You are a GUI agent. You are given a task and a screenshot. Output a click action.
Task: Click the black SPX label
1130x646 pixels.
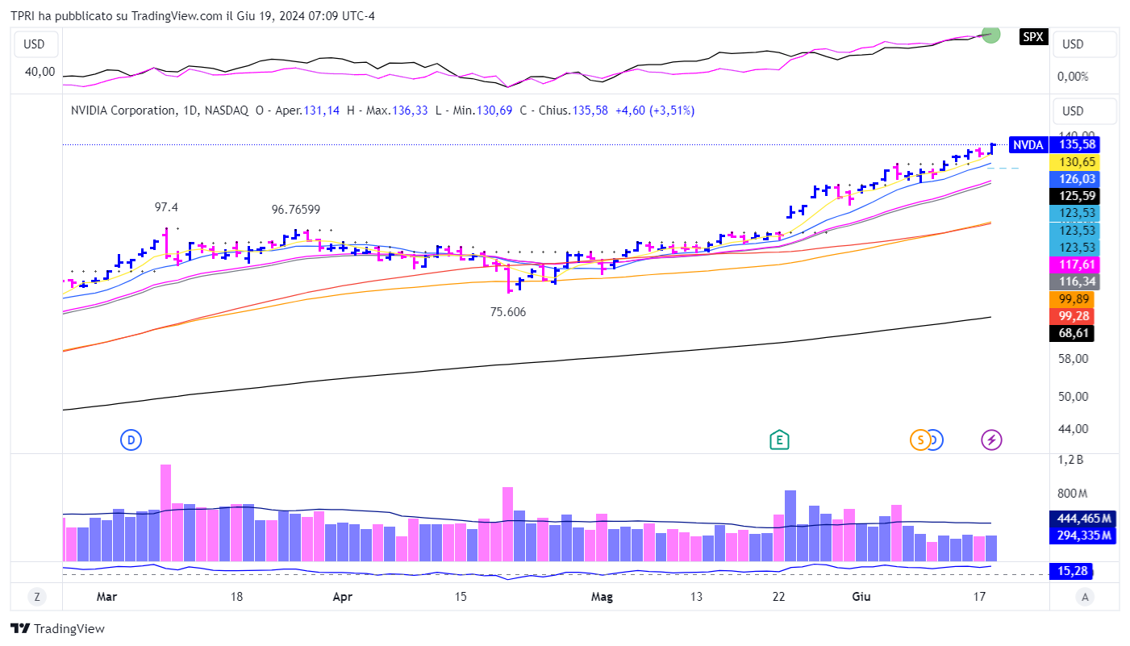1033,36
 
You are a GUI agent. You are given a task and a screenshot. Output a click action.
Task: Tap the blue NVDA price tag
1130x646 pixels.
1028,145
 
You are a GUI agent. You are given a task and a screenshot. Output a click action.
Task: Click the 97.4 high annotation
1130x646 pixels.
166,207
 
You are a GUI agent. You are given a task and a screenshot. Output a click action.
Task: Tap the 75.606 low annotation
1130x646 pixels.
508,312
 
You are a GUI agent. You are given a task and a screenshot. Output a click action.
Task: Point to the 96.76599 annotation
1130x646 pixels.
296,210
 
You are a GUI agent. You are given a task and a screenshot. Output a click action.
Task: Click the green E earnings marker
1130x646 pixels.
779,440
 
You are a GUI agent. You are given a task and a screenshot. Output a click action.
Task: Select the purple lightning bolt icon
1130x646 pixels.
991,440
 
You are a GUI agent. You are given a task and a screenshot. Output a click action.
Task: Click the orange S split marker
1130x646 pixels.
919,440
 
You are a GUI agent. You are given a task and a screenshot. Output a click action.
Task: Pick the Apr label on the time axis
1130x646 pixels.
343,598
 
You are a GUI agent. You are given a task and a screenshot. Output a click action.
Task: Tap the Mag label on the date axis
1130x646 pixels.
602,598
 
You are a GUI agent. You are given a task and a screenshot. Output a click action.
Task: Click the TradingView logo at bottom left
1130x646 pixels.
58,629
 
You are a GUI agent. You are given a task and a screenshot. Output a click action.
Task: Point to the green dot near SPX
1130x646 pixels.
991,35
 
